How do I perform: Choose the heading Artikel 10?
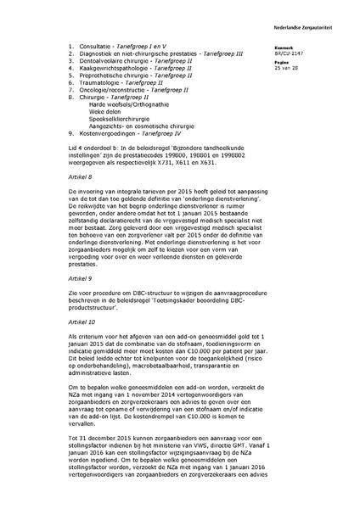[79, 322]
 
